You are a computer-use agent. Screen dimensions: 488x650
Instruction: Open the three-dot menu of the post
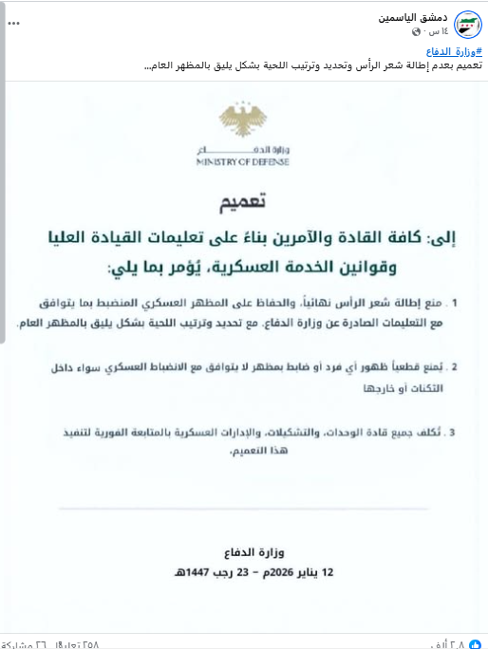[13, 20]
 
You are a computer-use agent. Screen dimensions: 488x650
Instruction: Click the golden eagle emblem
[244, 121]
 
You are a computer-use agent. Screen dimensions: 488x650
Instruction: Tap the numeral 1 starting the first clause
[456, 305]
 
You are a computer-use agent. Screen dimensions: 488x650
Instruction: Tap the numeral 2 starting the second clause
[456, 365]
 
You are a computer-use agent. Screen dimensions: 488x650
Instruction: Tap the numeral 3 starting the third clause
[456, 433]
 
